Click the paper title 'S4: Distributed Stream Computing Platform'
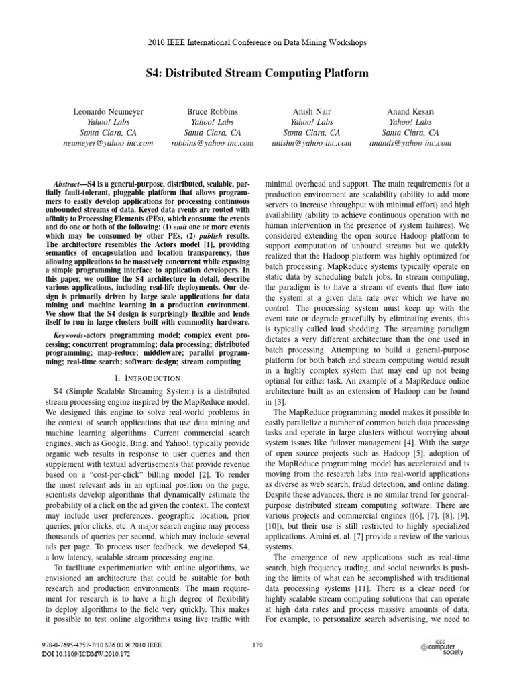[x=257, y=72]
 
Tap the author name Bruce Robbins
[x=212, y=111]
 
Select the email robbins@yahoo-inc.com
[x=212, y=143]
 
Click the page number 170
[x=257, y=645]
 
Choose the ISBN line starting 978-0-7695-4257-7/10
[x=103, y=645]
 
